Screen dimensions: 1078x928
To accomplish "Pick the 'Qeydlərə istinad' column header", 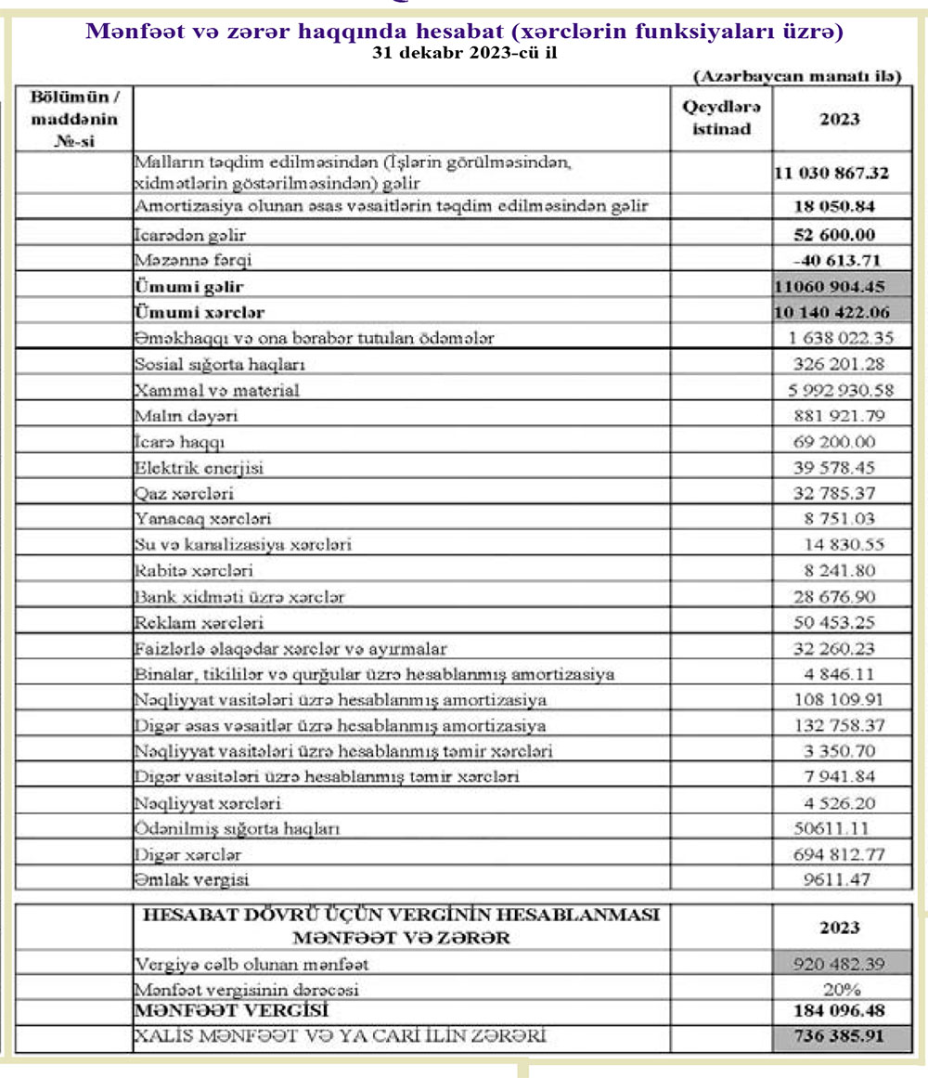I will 721,119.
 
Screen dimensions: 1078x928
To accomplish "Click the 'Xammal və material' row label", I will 216,390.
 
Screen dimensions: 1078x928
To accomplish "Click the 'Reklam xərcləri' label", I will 199,622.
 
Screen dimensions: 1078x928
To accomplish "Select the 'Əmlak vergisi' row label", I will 191,878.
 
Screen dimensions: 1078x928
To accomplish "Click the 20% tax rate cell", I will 842,990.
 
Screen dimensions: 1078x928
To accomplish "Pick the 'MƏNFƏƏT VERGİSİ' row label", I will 231,1010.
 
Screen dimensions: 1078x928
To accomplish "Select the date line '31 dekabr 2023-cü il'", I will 464,53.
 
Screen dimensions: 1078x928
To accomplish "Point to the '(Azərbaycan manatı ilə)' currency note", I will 796,77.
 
